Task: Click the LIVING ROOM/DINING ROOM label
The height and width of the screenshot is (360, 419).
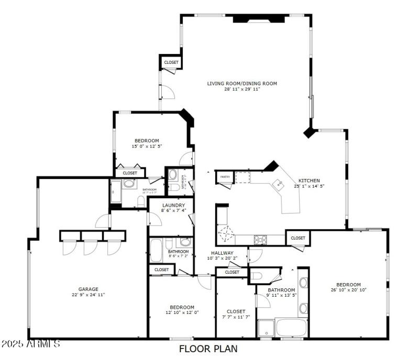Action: [242, 83]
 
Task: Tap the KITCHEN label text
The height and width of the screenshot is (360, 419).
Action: [309, 180]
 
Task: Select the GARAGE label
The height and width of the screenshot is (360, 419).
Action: [89, 289]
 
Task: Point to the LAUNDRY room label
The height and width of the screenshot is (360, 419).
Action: [173, 205]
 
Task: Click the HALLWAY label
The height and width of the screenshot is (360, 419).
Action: [222, 253]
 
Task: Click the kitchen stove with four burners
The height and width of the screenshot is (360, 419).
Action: [260, 239]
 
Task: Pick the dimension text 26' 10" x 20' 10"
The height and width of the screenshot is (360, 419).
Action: [348, 290]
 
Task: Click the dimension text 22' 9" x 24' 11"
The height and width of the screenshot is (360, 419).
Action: [89, 295]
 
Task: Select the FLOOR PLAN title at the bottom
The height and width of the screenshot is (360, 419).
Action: [208, 348]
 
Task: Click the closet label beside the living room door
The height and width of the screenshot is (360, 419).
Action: [171, 62]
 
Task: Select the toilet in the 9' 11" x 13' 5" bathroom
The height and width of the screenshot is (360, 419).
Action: [257, 276]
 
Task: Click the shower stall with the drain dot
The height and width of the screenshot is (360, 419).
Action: [266, 328]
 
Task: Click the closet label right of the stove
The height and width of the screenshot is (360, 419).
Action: [298, 238]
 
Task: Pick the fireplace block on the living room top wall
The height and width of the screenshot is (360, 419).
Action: [259, 19]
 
